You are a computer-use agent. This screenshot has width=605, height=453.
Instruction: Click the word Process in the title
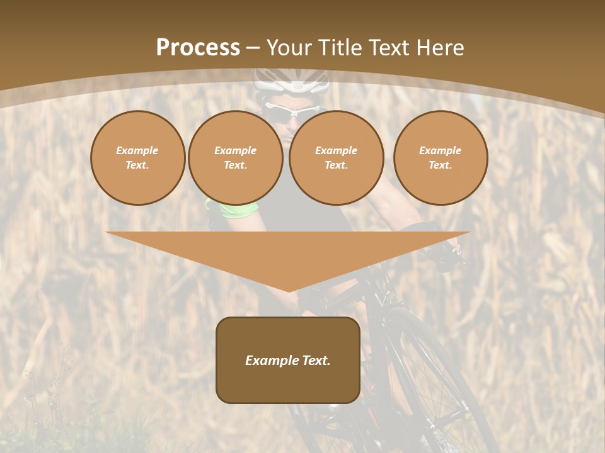(198, 48)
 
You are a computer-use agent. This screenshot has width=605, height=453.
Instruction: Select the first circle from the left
(137, 158)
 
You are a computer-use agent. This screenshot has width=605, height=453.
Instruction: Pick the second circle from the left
(235, 158)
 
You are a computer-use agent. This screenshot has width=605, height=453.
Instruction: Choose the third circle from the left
(336, 158)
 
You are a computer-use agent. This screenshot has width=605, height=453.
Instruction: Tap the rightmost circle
(440, 158)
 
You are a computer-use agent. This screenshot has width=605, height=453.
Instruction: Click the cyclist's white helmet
(291, 80)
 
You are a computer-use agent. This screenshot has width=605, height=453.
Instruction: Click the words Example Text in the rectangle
(288, 361)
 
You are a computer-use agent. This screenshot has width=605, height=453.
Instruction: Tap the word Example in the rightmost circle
(440, 150)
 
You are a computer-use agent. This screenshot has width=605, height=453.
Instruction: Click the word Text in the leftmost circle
(137, 165)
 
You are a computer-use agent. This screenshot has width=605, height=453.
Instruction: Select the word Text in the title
(389, 48)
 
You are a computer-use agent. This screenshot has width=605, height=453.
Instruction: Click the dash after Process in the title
(253, 48)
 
